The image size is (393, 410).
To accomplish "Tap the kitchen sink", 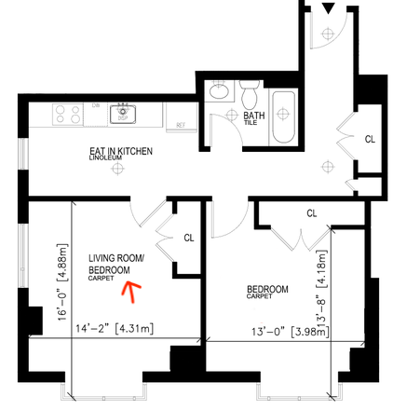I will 121,114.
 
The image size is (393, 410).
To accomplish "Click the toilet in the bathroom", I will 248,97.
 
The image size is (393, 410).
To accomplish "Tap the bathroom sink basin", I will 219,93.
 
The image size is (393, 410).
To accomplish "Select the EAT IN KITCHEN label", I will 121,150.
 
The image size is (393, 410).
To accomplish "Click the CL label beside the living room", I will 188,238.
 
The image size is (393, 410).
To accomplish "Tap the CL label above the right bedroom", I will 311,213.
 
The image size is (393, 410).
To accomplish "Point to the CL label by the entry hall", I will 369,140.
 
